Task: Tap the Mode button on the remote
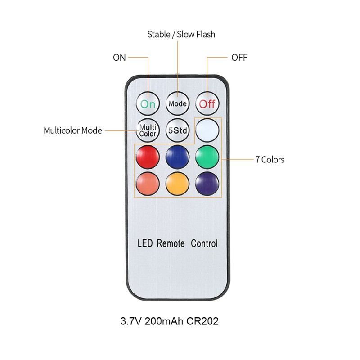coord(177,104)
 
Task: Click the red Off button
coord(207,104)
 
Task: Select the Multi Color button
coord(148,130)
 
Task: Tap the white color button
coord(207,130)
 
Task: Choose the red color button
coord(148,157)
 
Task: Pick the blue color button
coord(177,157)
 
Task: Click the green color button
coord(207,157)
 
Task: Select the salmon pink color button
coord(148,184)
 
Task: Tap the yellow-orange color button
coord(177,184)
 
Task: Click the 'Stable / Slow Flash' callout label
coord(181,35)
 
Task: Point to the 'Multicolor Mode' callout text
coord(73,130)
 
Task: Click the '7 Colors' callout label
coord(270,160)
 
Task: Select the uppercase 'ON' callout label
coord(119,58)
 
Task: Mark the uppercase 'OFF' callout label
coord(239,58)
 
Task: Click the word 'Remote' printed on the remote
coord(171,243)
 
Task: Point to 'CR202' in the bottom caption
coord(202,321)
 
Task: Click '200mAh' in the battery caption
coord(164,321)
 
